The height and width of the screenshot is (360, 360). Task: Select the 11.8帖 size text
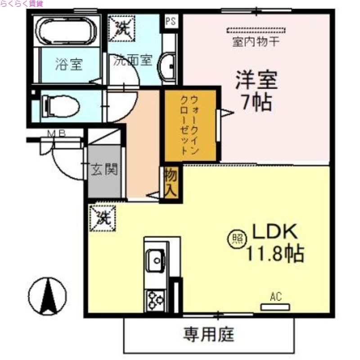(274, 254)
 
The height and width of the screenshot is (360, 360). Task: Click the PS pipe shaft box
(171, 21)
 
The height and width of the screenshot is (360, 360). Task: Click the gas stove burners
(156, 299)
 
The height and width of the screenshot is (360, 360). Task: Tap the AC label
(276, 297)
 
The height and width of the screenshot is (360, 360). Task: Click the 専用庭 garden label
(208, 334)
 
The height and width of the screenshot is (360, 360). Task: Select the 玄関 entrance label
(104, 170)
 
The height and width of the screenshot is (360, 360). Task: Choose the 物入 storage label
(170, 183)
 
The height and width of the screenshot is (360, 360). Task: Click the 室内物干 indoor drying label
(256, 43)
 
